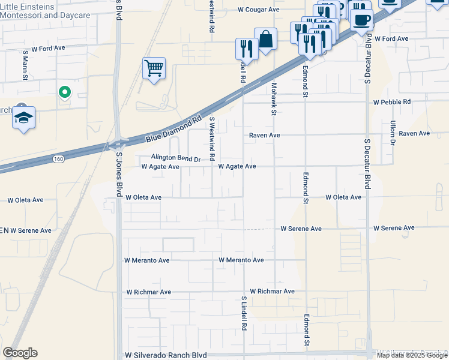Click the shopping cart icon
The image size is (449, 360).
tap(154, 68)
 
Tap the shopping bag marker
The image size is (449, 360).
tap(265, 40)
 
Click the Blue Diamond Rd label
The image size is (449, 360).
tap(174, 129)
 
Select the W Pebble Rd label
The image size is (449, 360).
tap(392, 102)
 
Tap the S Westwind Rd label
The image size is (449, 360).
tap(212, 139)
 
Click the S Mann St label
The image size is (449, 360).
tap(26, 61)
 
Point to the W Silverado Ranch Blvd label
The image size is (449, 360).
tap(165, 355)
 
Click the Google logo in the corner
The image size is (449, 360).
tap(20, 352)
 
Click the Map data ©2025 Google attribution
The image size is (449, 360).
tap(412, 355)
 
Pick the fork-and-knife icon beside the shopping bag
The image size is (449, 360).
tap(247, 47)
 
